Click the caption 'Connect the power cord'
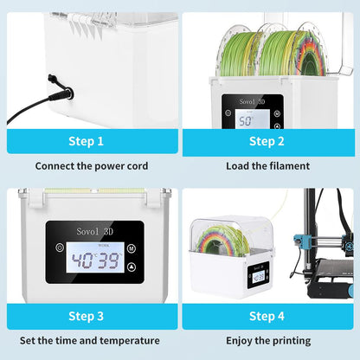coord(91,165)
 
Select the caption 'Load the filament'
coord(267,165)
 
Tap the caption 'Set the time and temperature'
coord(91,341)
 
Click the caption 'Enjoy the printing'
coord(267,341)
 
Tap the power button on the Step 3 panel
coord(59,247)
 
